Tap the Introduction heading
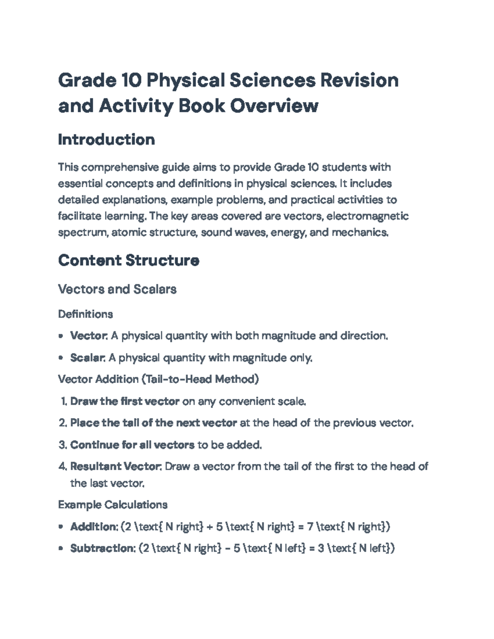pos(106,139)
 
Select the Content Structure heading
pos(128,260)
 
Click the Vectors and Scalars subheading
pos(117,289)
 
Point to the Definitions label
pos(85,314)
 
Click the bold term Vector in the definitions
pos(88,336)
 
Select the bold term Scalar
pos(87,358)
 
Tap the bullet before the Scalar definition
pos(61,358)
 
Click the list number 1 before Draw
pos(63,401)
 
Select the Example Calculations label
pos(112,504)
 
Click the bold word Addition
pos(93,526)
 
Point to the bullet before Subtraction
pos(61,548)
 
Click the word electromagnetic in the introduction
pos(367,216)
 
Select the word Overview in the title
pos(274,106)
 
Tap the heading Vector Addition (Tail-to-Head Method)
pos(158,379)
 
